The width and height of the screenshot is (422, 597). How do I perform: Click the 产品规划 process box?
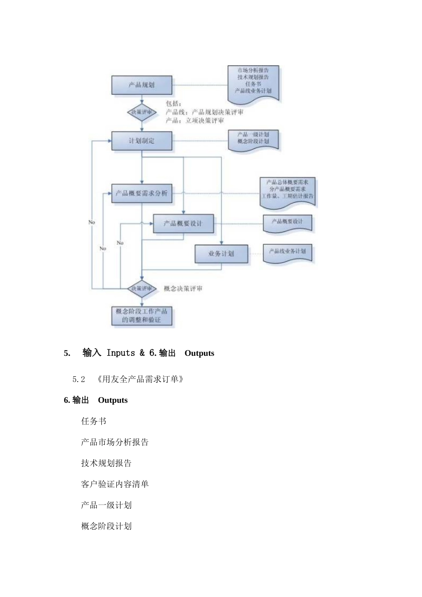click(x=141, y=84)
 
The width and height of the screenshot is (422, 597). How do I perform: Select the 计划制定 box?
click(x=141, y=140)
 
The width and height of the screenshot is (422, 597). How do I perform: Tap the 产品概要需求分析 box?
click(x=142, y=193)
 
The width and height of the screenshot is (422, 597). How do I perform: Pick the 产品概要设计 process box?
click(x=183, y=223)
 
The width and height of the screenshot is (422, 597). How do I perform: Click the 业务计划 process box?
click(x=221, y=254)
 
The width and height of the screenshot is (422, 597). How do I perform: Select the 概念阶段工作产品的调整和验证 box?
click(x=141, y=315)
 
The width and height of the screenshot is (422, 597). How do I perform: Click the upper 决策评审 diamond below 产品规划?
click(x=141, y=112)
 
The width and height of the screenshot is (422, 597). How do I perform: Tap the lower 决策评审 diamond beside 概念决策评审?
click(x=141, y=289)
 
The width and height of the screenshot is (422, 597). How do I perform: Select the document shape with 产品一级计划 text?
click(x=253, y=139)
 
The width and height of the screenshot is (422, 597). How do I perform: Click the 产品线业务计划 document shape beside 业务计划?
click(x=287, y=252)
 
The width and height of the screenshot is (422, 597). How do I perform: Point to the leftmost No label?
click(x=92, y=222)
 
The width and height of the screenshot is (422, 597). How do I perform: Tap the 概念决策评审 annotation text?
click(x=183, y=289)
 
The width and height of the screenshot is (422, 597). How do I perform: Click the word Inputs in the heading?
click(x=121, y=353)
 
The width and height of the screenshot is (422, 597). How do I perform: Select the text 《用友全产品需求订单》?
click(x=140, y=379)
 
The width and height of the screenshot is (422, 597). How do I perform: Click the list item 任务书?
click(x=93, y=421)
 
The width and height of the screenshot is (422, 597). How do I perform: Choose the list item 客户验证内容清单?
click(x=115, y=484)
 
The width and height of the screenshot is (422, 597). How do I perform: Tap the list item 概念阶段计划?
click(x=106, y=526)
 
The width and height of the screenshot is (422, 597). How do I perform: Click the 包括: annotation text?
click(x=173, y=104)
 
